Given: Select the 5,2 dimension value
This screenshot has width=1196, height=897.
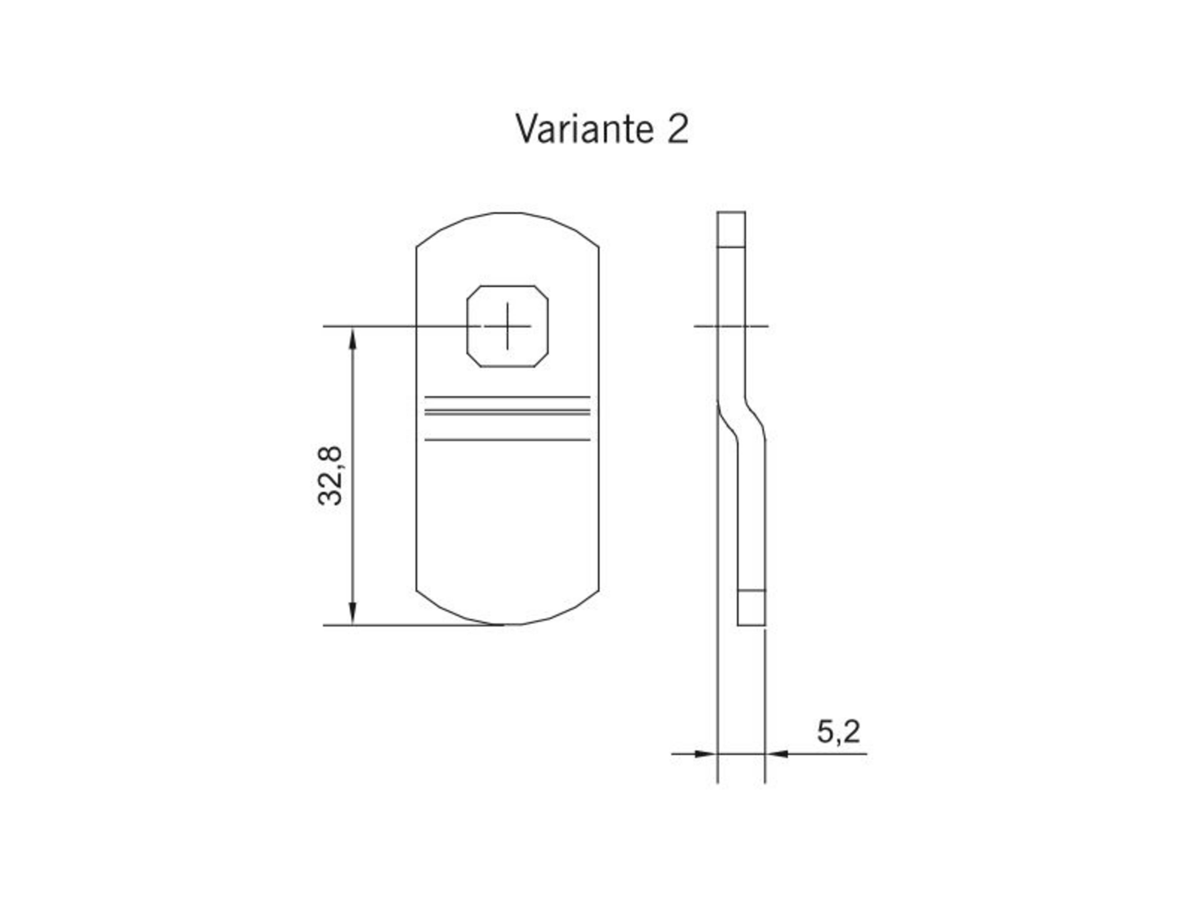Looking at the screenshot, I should pos(838,732).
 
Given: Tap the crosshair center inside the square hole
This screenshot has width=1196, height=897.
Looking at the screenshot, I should pos(507,326).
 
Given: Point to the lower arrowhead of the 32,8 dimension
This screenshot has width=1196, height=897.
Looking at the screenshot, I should pos(353,614).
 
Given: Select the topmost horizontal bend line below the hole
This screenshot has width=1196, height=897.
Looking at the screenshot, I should pos(507,397).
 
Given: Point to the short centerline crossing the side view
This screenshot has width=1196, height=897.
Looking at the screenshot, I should pos(731,326).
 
